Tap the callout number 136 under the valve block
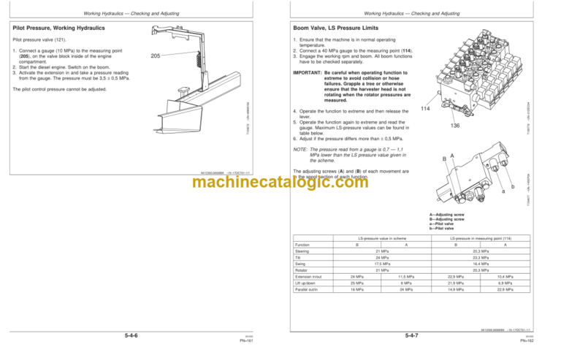(454, 125)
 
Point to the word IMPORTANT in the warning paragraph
(308, 74)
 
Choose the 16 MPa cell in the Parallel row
(357, 291)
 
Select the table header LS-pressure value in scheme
(382, 237)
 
